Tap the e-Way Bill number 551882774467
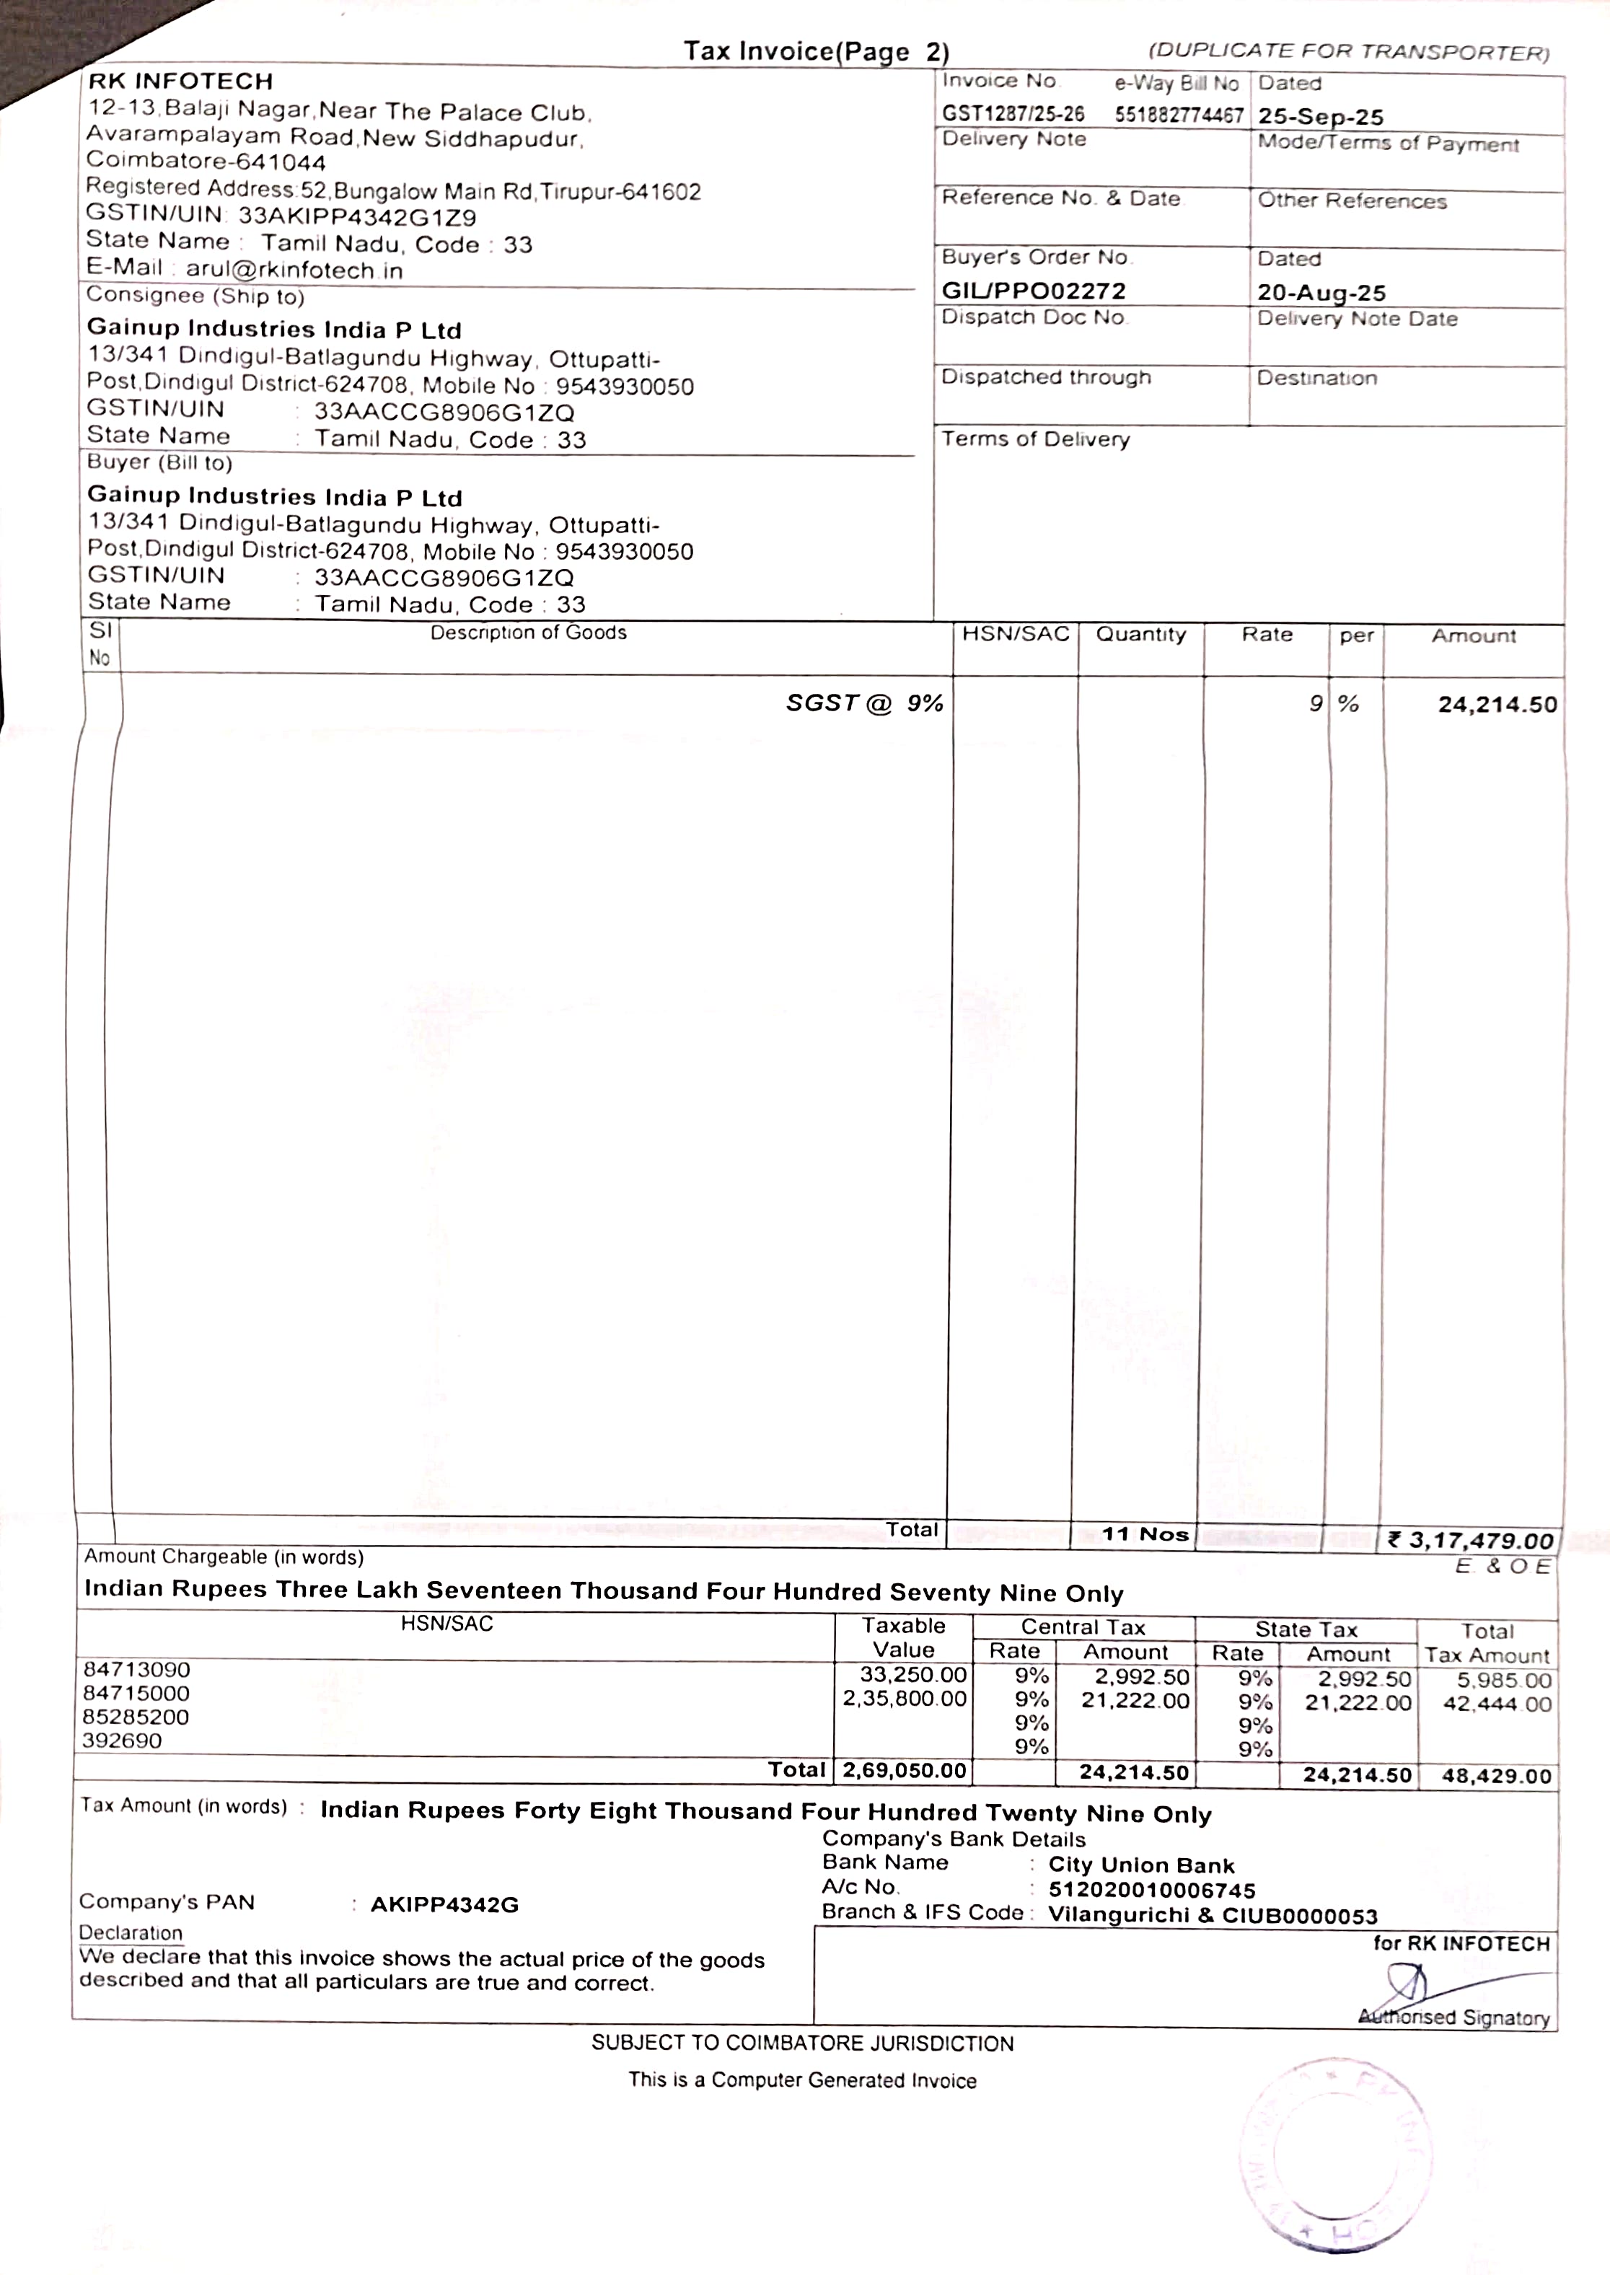click(1178, 115)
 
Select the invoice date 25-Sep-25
click(1321, 117)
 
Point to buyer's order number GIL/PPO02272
click(1033, 291)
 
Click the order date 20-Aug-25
click(1321, 292)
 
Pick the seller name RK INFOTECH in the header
click(180, 82)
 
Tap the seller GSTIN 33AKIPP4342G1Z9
click(357, 217)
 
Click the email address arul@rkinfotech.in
click(294, 270)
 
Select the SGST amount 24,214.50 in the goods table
click(1497, 705)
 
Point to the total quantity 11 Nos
click(1145, 1534)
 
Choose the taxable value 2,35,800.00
click(904, 1699)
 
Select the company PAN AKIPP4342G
click(444, 1904)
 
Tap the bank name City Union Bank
click(1141, 1865)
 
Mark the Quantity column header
click(1140, 635)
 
